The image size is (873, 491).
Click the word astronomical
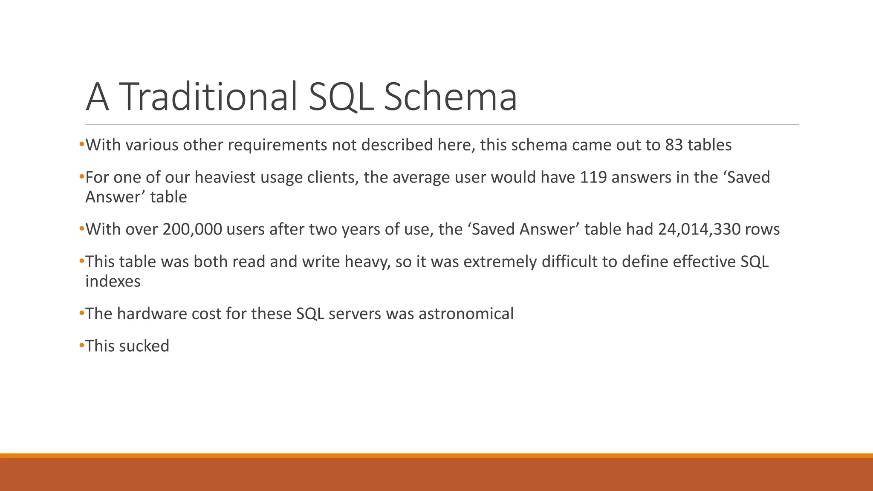tap(466, 314)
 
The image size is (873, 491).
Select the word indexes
tap(113, 281)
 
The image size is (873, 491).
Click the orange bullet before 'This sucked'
tap(82, 345)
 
